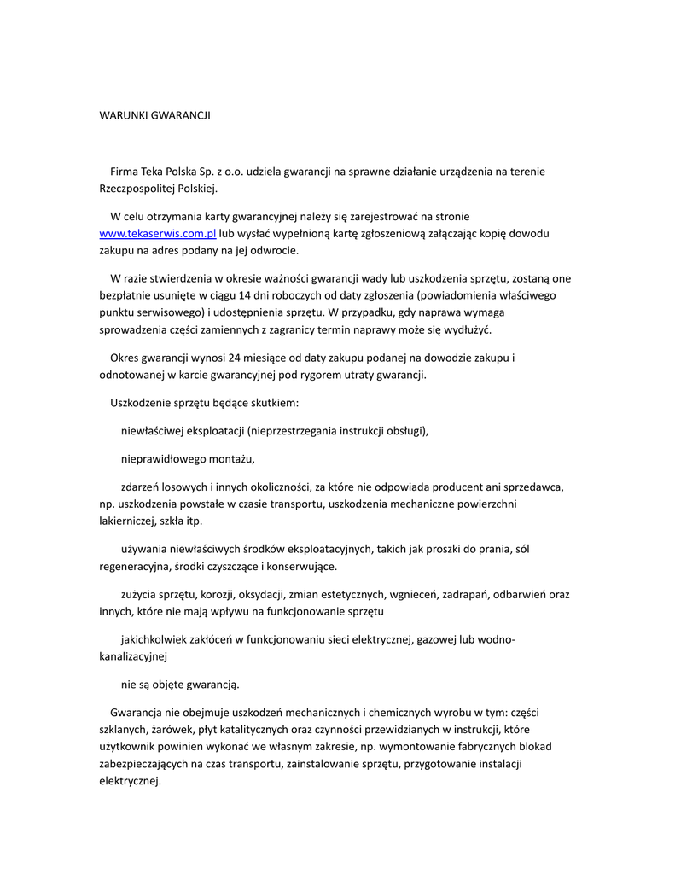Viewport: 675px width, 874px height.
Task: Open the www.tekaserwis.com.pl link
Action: (158, 234)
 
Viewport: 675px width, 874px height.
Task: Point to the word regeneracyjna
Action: (134, 566)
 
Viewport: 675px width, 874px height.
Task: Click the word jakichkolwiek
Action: (154, 640)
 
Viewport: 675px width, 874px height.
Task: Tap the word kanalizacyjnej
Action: (133, 657)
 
